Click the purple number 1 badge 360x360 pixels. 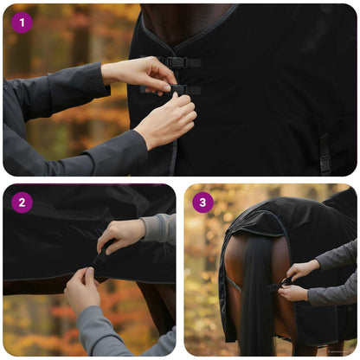click(22, 22)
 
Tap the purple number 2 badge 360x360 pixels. click(22, 202)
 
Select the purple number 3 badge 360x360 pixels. click(202, 202)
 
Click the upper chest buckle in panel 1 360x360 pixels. click(178, 62)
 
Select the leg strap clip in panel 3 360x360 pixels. click(277, 286)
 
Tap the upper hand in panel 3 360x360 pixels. click(303, 269)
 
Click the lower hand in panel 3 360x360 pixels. click(292, 292)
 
